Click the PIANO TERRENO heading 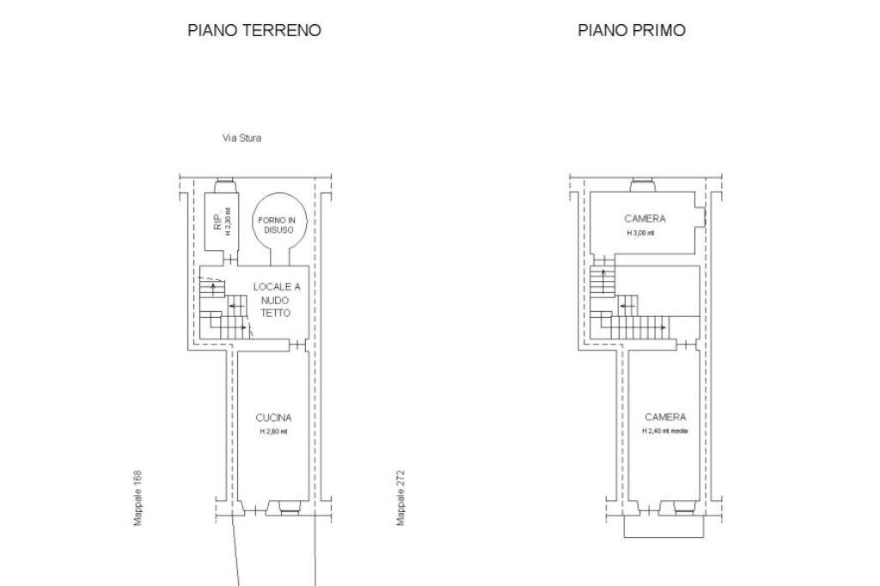click(254, 30)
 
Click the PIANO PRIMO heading click(632, 30)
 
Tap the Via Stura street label click(241, 138)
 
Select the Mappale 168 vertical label click(137, 498)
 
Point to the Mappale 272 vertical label click(400, 498)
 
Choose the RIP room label click(217, 222)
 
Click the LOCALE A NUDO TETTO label click(277, 299)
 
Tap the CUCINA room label click(273, 418)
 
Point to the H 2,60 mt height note click(273, 431)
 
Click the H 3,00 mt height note click(640, 233)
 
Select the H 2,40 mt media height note click(665, 431)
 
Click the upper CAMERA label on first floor click(645, 219)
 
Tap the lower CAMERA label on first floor click(665, 418)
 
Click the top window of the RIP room click(224, 184)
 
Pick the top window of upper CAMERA click(642, 184)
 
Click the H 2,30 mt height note click(229, 222)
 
